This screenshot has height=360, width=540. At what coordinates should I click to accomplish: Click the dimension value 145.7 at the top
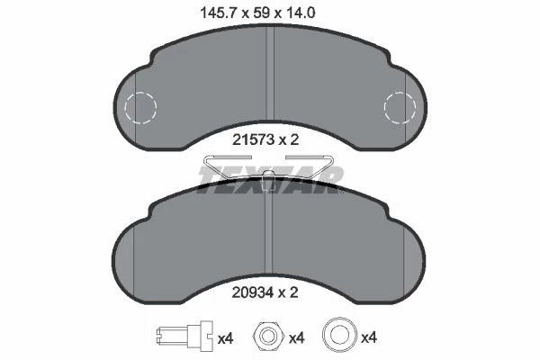[x=220, y=13]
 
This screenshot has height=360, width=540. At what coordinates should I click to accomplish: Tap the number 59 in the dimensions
[x=262, y=13]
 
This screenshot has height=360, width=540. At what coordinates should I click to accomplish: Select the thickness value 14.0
[x=300, y=13]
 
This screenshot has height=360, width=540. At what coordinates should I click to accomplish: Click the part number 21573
[x=253, y=139]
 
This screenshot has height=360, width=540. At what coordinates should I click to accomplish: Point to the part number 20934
[x=253, y=292]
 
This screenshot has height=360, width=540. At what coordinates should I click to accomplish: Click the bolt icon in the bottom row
[x=184, y=334]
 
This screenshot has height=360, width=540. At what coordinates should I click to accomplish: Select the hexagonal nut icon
[x=268, y=335]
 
